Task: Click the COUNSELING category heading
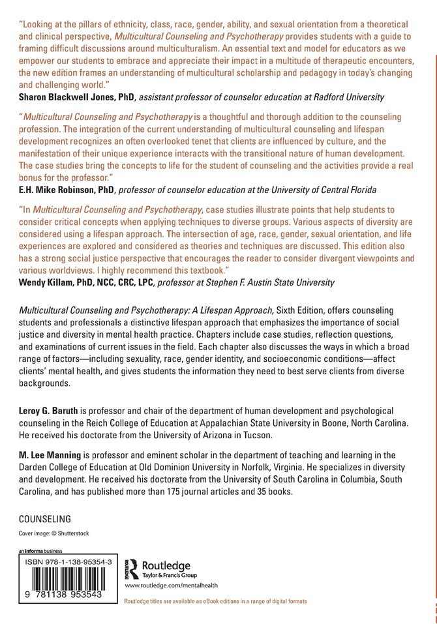[x=44, y=520]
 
